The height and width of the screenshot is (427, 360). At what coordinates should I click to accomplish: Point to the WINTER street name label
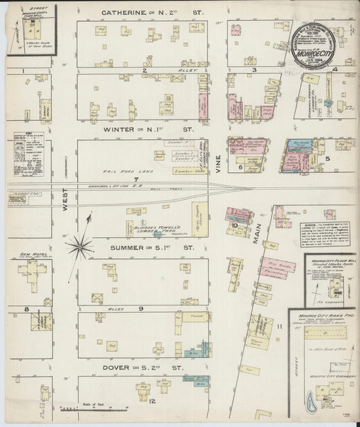point(119,128)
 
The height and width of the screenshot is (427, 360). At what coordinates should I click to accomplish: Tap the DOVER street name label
point(117,368)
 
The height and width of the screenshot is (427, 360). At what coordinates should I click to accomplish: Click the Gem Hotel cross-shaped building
point(32,274)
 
